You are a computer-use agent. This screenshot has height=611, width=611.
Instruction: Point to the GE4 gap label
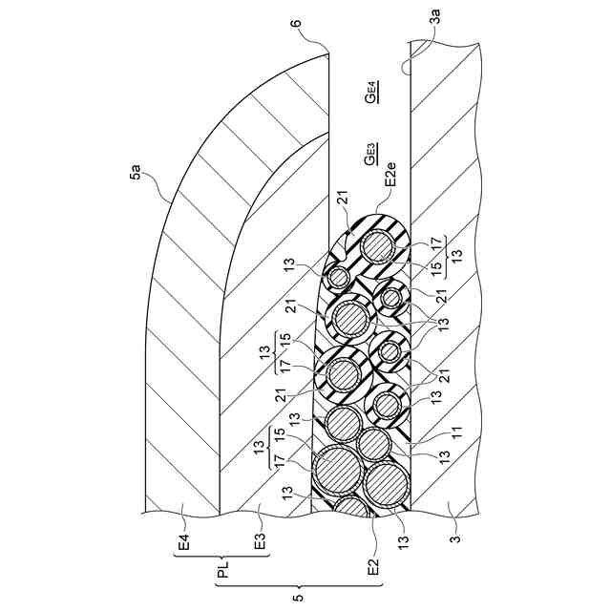click(x=372, y=93)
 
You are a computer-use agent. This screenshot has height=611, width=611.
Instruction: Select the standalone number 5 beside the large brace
click(x=298, y=598)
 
